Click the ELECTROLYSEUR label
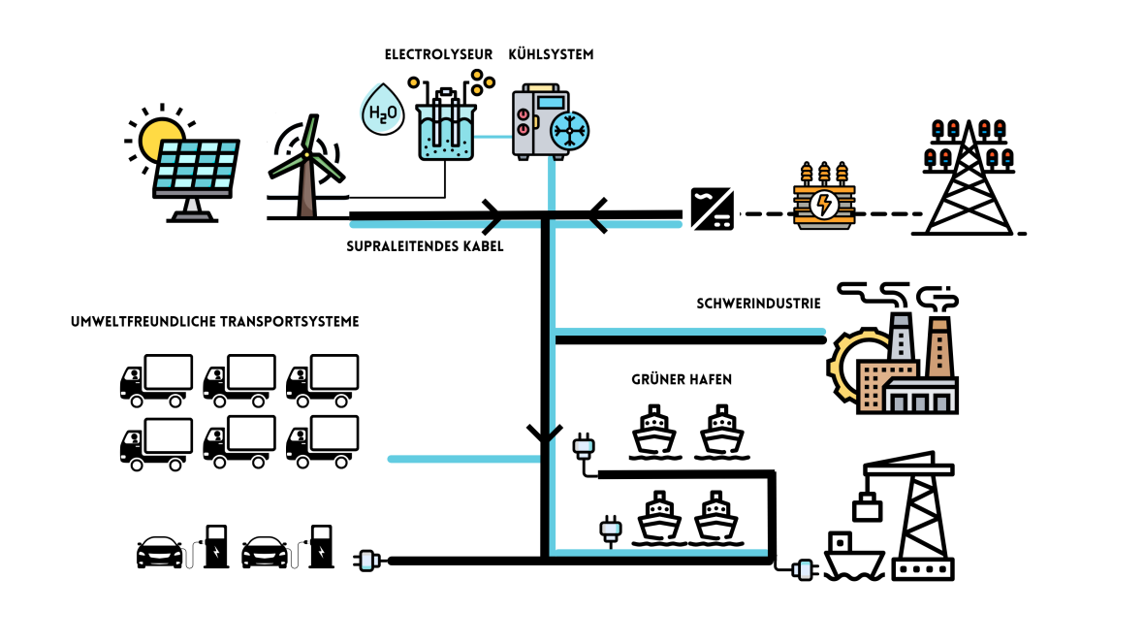(438, 55)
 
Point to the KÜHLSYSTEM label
(551, 55)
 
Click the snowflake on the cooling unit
(568, 131)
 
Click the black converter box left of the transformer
(712, 208)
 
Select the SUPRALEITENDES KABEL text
(425, 246)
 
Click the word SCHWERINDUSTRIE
(758, 304)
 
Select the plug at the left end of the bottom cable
(369, 560)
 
